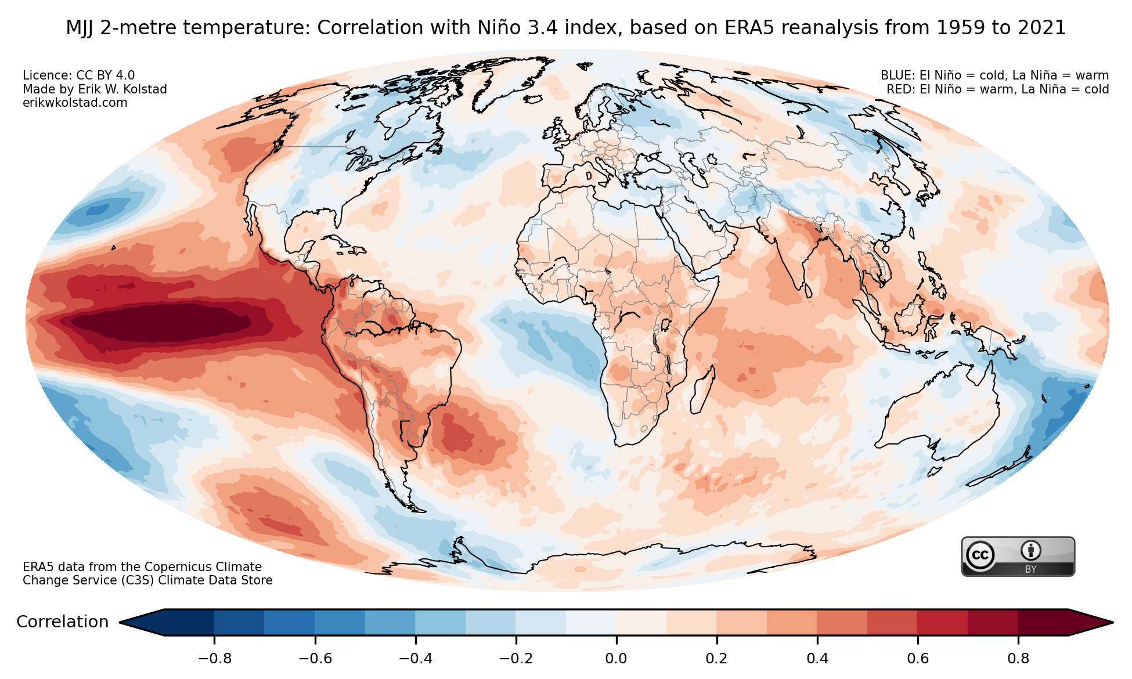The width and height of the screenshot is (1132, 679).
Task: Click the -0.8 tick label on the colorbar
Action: (214, 659)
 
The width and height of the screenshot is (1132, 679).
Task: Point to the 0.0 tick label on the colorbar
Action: (616, 659)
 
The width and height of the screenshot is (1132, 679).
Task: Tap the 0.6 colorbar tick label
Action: (918, 659)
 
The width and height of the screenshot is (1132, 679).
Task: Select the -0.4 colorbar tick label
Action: (415, 659)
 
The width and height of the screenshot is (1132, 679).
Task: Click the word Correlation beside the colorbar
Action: (62, 622)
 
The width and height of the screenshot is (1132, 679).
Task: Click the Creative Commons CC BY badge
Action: (1018, 557)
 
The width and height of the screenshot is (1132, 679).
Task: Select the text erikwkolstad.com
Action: (75, 103)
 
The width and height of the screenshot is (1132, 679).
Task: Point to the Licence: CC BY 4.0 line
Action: (78, 75)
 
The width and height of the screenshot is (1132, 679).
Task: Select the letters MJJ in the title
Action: (80, 28)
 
